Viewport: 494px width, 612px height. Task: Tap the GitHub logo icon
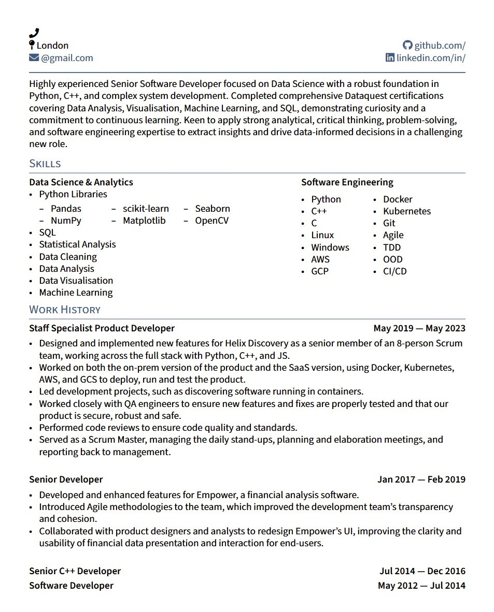(x=408, y=46)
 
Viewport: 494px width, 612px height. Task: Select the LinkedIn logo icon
(x=390, y=57)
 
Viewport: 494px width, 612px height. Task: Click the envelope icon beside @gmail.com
(x=34, y=57)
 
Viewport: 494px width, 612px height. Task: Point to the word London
(x=52, y=46)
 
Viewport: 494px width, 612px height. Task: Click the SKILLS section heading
(x=45, y=164)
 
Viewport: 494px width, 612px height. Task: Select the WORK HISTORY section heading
(x=65, y=310)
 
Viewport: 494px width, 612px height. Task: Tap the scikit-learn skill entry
(x=146, y=209)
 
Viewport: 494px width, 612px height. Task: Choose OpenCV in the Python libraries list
(x=211, y=221)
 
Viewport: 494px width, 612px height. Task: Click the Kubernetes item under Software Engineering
(x=406, y=211)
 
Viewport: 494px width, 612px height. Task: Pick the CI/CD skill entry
(x=394, y=271)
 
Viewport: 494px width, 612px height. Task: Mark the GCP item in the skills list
(x=319, y=271)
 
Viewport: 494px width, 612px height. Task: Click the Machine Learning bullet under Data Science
(x=76, y=293)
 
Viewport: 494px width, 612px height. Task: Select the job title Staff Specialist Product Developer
(x=102, y=328)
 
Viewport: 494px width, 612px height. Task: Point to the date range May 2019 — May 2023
(x=419, y=328)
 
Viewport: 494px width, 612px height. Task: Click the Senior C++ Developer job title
(x=75, y=571)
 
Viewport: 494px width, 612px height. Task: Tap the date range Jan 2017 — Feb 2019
(x=421, y=479)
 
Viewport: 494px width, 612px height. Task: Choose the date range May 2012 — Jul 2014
(x=421, y=586)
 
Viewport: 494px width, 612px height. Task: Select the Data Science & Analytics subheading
(x=81, y=182)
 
